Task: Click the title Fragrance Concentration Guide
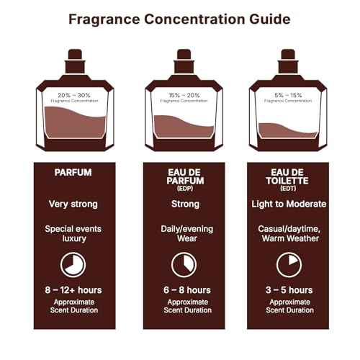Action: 179,19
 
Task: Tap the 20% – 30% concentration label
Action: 73,94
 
